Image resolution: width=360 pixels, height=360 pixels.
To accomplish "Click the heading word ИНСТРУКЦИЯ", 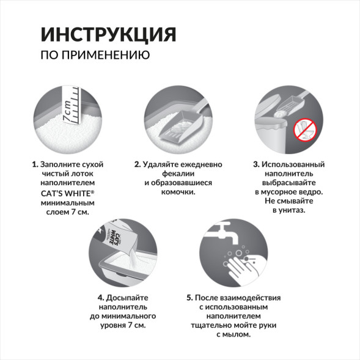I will (x=108, y=34).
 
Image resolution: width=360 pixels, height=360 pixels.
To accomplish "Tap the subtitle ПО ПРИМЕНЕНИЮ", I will (x=95, y=55).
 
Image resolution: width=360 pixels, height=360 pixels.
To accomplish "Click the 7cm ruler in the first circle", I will (x=72, y=104).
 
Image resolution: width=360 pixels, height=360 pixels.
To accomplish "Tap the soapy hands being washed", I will (x=244, y=263).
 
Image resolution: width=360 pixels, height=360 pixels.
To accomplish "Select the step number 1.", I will (x=34, y=165).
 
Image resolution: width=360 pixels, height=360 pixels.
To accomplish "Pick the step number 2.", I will (x=138, y=165).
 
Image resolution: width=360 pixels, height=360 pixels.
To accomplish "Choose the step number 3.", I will (x=255, y=165).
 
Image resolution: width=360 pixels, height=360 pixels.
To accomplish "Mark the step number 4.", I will (x=100, y=298).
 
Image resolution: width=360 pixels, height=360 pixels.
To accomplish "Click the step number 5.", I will (x=189, y=298).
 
